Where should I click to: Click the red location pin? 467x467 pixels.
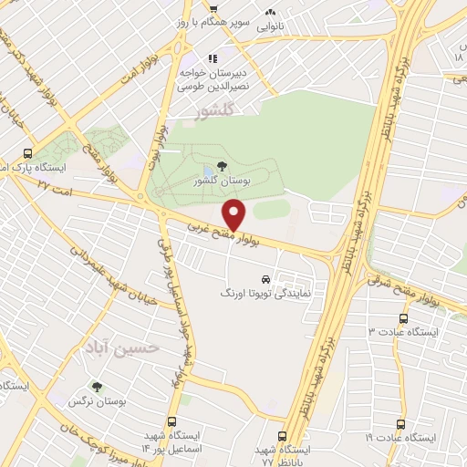(236, 215)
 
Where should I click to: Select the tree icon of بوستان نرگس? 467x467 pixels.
(97, 387)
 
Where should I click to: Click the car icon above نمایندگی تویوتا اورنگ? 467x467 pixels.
(265, 279)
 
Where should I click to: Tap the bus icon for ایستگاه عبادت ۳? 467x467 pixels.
(403, 318)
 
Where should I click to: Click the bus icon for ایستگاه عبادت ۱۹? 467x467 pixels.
(400, 424)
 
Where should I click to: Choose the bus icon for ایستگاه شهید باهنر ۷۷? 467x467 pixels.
(283, 437)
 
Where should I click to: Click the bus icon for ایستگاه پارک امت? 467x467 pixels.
(28, 154)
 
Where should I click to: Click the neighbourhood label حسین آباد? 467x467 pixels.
(132, 347)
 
